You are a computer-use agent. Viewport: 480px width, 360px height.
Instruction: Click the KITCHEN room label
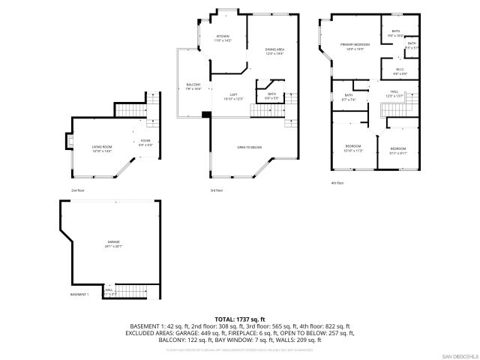pyautogui.click(x=223, y=37)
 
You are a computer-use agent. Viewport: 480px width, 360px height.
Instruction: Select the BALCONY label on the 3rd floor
pyautogui.click(x=193, y=85)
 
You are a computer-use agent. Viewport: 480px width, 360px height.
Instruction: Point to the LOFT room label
pyautogui.click(x=233, y=96)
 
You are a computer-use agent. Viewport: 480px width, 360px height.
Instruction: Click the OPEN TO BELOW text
pyautogui.click(x=249, y=147)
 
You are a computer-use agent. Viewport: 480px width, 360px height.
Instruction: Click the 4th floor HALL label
pyautogui.click(x=394, y=93)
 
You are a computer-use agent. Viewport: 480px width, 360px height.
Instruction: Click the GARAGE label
pyautogui.click(x=113, y=243)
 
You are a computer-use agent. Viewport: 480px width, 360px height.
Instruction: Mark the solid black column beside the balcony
pyautogui.click(x=205, y=115)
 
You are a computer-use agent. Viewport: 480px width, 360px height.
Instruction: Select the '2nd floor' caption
pyautogui.click(x=77, y=190)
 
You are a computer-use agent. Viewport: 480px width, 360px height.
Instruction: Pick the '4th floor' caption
pyautogui.click(x=337, y=182)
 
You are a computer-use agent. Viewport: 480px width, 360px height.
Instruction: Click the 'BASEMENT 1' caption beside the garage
pyautogui.click(x=79, y=295)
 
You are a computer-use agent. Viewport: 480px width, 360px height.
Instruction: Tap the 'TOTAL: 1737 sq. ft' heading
pyautogui.click(x=240, y=319)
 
